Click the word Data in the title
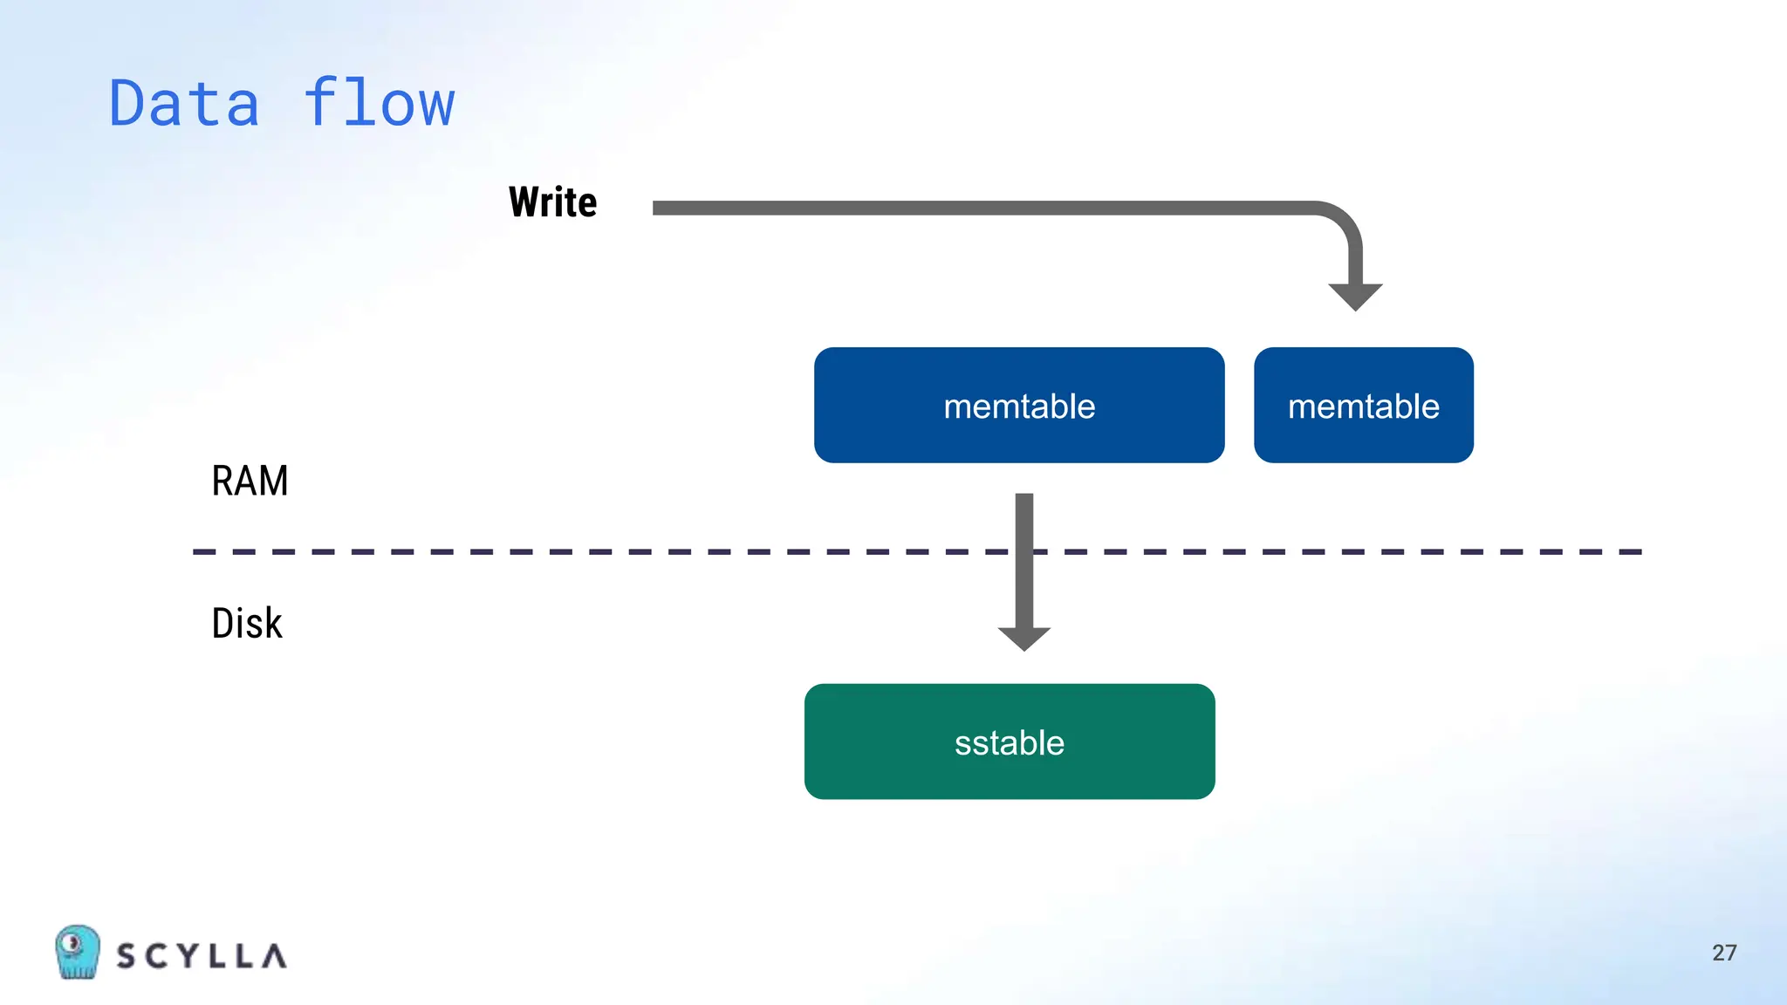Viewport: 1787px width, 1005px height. (x=184, y=104)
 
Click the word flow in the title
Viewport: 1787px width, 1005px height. (x=379, y=102)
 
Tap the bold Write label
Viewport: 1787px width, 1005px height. (x=552, y=202)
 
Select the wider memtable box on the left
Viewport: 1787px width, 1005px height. (x=1018, y=405)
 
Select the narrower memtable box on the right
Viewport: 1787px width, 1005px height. (x=1363, y=405)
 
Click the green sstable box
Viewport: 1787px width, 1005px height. (x=1009, y=742)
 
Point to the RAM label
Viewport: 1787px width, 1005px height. (x=250, y=481)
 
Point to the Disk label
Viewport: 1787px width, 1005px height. (x=247, y=624)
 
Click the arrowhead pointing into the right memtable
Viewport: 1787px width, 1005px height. (x=1355, y=296)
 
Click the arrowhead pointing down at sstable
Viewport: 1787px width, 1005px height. (x=1024, y=638)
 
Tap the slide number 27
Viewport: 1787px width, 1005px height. (x=1724, y=953)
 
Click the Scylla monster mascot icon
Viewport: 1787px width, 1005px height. (x=77, y=952)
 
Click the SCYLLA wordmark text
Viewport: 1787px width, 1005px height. (x=202, y=956)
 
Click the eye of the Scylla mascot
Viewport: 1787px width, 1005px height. (x=73, y=942)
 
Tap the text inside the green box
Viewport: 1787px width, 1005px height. (x=1009, y=743)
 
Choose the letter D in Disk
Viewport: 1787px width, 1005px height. (x=223, y=624)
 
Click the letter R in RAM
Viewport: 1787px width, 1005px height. (x=223, y=481)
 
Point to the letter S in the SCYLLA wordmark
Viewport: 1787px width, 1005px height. (x=127, y=956)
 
